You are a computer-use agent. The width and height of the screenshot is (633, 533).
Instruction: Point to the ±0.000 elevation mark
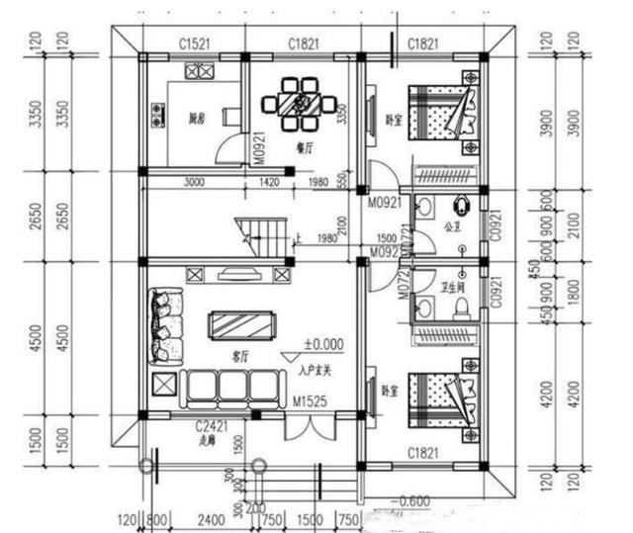coord(322,344)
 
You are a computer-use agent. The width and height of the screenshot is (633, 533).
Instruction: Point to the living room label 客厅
coord(238,353)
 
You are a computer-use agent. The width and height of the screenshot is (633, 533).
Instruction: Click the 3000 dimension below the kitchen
coord(195,183)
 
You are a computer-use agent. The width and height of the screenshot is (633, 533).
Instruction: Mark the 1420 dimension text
coord(268,183)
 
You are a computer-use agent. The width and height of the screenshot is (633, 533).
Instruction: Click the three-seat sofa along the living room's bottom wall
coord(230,387)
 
